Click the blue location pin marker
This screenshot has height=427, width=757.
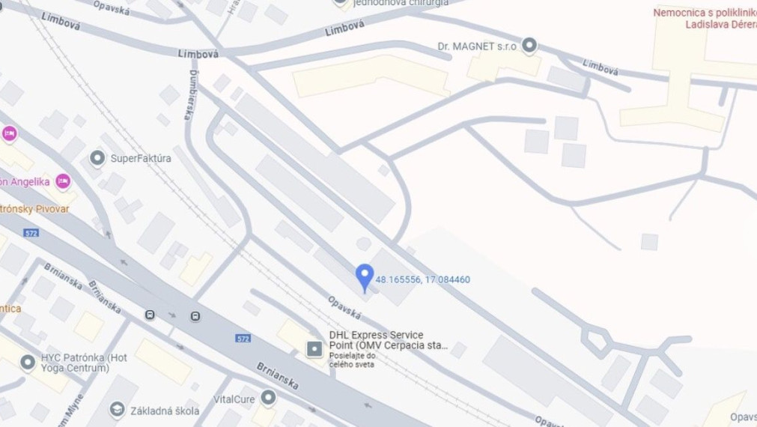tap(364, 276)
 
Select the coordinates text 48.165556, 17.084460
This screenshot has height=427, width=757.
tap(423, 280)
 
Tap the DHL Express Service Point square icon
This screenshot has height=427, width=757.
tap(314, 348)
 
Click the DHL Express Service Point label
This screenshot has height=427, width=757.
tap(388, 340)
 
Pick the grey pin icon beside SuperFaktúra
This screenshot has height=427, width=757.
tap(97, 158)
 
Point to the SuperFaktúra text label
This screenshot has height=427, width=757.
tap(141, 159)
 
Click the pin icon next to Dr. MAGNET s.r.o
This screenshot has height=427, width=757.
tap(529, 46)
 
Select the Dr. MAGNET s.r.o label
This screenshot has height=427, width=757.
tap(477, 46)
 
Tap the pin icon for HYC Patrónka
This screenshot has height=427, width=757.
tap(28, 363)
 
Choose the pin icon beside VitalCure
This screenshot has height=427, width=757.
tap(268, 397)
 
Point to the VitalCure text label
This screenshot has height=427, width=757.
tap(234, 399)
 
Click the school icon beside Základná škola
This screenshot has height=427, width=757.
tap(117, 409)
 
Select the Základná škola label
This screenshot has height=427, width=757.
tap(165, 411)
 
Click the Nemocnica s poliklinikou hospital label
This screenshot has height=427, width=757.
tap(704, 18)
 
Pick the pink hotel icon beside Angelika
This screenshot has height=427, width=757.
tap(63, 181)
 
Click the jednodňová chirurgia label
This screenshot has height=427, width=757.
tap(402, 3)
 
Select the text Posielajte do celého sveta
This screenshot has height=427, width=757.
tap(353, 361)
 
